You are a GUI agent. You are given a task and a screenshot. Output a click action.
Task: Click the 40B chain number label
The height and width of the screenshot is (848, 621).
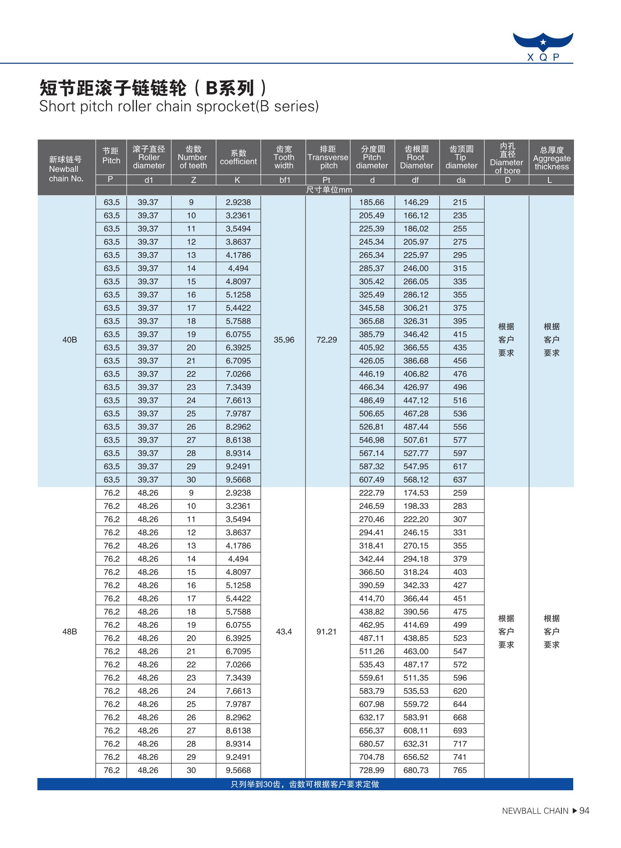pyautogui.click(x=70, y=340)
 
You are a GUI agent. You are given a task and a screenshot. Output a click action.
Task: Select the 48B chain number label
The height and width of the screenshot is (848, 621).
pyautogui.click(x=70, y=631)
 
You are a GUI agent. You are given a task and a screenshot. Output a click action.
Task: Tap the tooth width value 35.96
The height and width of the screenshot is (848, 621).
pyautogui.click(x=284, y=340)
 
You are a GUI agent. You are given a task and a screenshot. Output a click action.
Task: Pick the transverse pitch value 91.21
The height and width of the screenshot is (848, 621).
pyautogui.click(x=326, y=631)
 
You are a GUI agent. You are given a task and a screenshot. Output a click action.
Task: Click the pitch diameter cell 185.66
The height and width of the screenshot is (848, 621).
pyautogui.click(x=371, y=202)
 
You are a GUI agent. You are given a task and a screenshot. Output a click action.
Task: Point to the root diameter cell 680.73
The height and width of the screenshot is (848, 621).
pyautogui.click(x=416, y=770)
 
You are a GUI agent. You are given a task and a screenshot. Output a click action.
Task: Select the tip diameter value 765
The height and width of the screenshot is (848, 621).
pyautogui.click(x=460, y=770)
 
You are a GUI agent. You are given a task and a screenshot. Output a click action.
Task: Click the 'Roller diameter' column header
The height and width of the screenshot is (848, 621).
pyautogui.click(x=149, y=157)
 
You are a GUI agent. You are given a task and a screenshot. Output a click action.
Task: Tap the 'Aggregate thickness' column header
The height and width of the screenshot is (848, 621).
pyautogui.click(x=551, y=158)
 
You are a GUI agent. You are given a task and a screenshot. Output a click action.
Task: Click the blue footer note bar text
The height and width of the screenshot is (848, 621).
pyautogui.click(x=305, y=784)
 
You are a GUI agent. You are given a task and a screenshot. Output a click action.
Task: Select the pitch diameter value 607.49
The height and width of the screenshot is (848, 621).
pyautogui.click(x=371, y=480)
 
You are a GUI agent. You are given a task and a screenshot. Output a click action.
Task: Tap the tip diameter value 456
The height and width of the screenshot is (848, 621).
pyautogui.click(x=460, y=361)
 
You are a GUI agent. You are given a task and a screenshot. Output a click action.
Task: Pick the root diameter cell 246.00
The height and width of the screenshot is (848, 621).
pyautogui.click(x=416, y=269)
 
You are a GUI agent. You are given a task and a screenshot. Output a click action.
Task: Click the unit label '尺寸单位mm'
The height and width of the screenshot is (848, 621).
pyautogui.click(x=329, y=190)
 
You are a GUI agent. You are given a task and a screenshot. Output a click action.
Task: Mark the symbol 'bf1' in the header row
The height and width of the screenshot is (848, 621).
pyautogui.click(x=284, y=180)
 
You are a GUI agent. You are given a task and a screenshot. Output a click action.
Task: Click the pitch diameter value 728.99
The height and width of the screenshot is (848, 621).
pyautogui.click(x=371, y=770)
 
